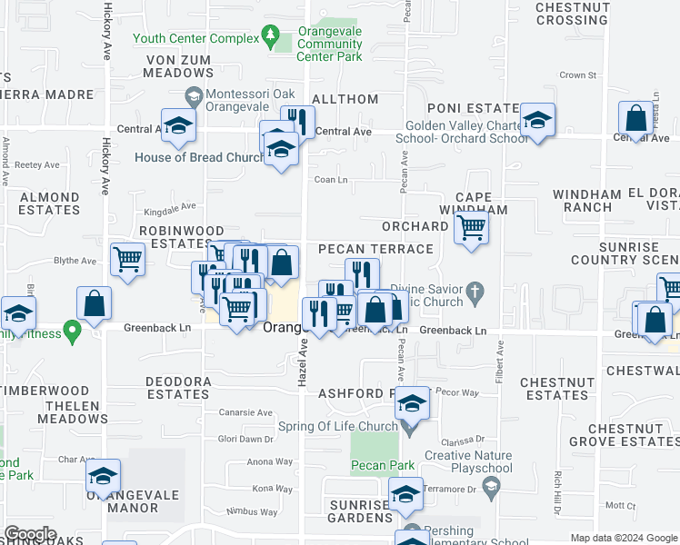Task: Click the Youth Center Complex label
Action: click(195, 38)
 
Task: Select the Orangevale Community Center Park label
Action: click(329, 44)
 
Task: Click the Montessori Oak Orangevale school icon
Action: click(194, 94)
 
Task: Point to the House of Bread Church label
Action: click(199, 157)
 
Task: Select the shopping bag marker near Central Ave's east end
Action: click(635, 119)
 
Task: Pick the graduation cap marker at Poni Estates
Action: click(538, 122)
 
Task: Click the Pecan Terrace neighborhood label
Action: click(375, 249)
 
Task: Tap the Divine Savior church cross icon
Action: click(474, 294)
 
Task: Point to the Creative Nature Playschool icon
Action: click(491, 487)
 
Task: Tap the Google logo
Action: click(30, 534)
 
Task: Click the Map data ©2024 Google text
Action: click(623, 538)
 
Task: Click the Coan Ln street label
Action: click(331, 180)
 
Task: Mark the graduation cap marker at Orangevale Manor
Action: click(103, 477)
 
